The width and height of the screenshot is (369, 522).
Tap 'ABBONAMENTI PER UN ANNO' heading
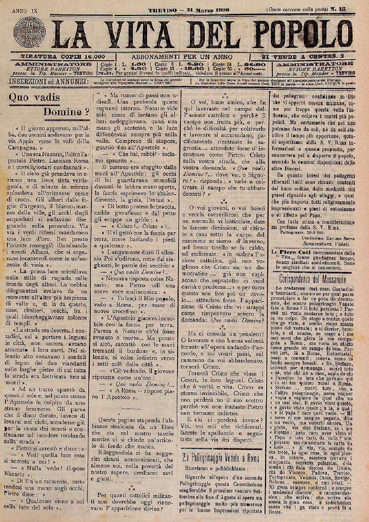point(182,57)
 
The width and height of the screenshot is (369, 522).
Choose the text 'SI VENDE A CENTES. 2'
point(302,57)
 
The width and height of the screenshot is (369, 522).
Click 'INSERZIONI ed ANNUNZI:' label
point(48,81)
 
